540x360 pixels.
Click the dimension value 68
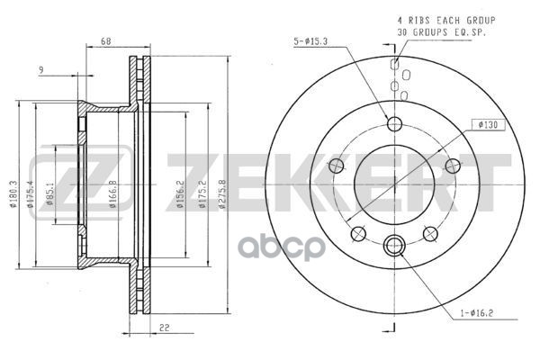pos(106,41)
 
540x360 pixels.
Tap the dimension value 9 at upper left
pos(41,69)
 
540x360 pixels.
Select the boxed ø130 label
pos(487,123)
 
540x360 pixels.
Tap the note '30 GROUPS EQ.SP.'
pos(431,33)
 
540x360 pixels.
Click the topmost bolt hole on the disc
pos(394,124)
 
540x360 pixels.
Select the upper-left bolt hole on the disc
pos(337,166)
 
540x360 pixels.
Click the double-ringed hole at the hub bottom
pos(394,243)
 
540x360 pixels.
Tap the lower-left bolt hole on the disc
pos(358,234)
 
